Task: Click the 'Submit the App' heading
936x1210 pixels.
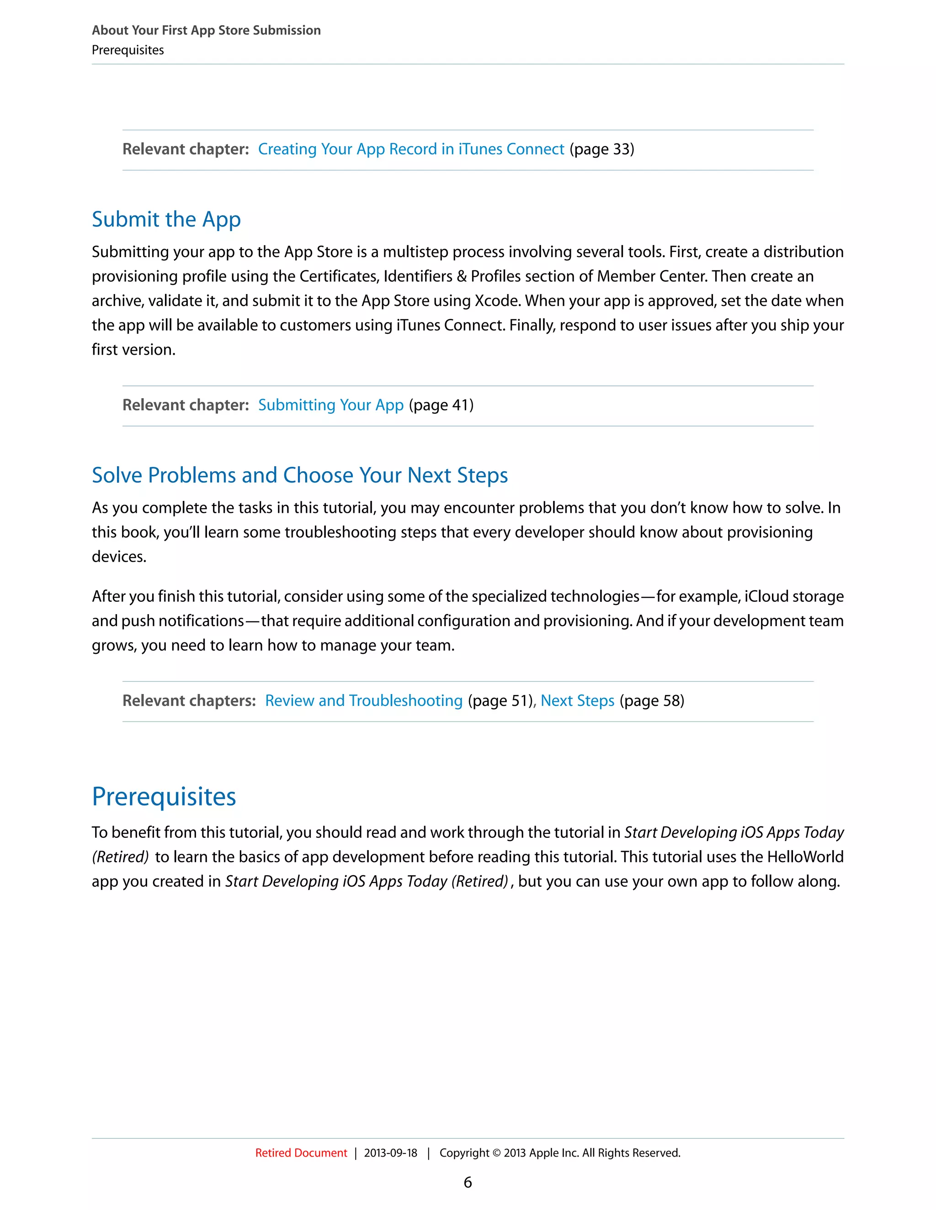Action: pyautogui.click(x=166, y=219)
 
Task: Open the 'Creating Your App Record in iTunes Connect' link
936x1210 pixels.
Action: pyautogui.click(x=411, y=149)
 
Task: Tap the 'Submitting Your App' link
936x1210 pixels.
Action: pyautogui.click(x=330, y=405)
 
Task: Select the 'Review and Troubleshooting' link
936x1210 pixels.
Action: pyautogui.click(x=363, y=700)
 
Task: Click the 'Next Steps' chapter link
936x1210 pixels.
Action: pyautogui.click(x=577, y=700)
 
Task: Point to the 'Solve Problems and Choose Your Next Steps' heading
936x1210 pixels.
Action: pyautogui.click(x=299, y=475)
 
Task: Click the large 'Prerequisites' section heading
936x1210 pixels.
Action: pyautogui.click(x=164, y=796)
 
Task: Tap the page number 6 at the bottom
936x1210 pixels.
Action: pyautogui.click(x=468, y=1182)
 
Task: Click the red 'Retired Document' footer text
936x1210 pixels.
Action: pyautogui.click(x=301, y=1152)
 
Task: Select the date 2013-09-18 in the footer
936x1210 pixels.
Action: pyautogui.click(x=390, y=1152)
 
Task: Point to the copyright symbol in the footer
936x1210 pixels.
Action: pyautogui.click(x=496, y=1153)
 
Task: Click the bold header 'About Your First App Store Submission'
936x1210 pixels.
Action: pyautogui.click(x=206, y=30)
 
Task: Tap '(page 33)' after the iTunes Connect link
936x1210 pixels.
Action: pyautogui.click(x=601, y=149)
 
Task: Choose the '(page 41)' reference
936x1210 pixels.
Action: pyautogui.click(x=441, y=405)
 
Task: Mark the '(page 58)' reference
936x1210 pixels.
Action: pyautogui.click(x=652, y=700)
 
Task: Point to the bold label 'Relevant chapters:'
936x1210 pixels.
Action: pyautogui.click(x=189, y=700)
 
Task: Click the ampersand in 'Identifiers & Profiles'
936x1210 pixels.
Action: pyautogui.click(x=461, y=276)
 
